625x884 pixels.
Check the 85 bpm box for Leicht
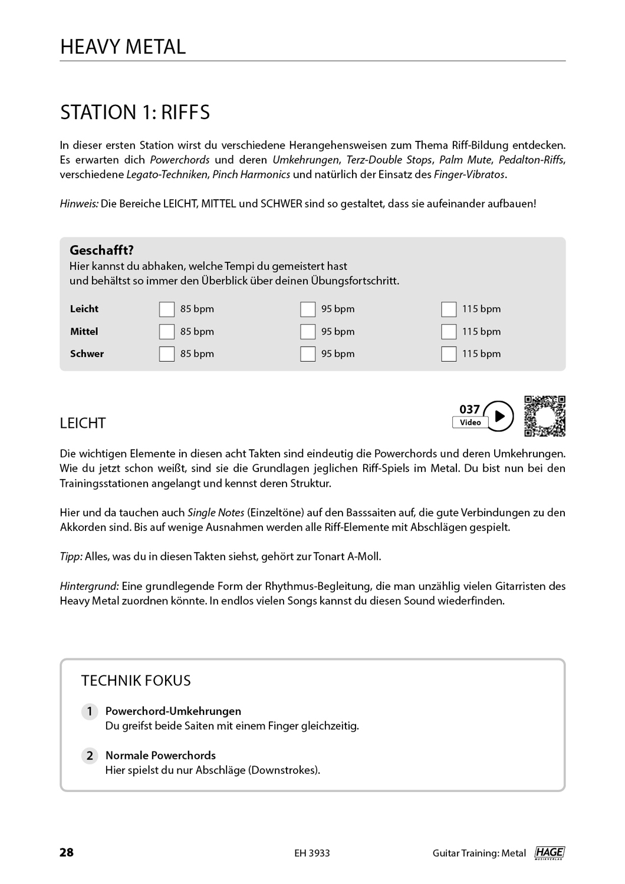tap(167, 309)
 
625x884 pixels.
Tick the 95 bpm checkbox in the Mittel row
tap(308, 332)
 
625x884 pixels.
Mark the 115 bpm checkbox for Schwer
tap(449, 354)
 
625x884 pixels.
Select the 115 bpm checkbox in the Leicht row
tap(449, 309)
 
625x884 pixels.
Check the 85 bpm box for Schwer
tap(167, 354)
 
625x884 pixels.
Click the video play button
tap(499, 416)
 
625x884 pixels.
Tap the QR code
tap(545, 416)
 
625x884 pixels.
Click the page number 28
tap(67, 852)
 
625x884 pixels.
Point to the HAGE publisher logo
tap(550, 853)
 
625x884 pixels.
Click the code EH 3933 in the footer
tap(312, 853)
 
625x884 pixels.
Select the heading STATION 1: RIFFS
tap(135, 112)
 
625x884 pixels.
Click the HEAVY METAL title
tap(123, 47)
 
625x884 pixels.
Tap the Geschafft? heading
tap(101, 250)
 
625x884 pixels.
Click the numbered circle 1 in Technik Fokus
tap(90, 711)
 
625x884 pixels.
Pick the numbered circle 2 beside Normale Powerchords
tap(90, 756)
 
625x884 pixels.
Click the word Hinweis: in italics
tap(79, 204)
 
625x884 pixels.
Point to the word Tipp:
tap(71, 556)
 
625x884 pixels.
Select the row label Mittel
tap(84, 332)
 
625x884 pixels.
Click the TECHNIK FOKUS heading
tap(136, 681)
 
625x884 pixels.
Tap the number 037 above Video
tap(470, 409)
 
